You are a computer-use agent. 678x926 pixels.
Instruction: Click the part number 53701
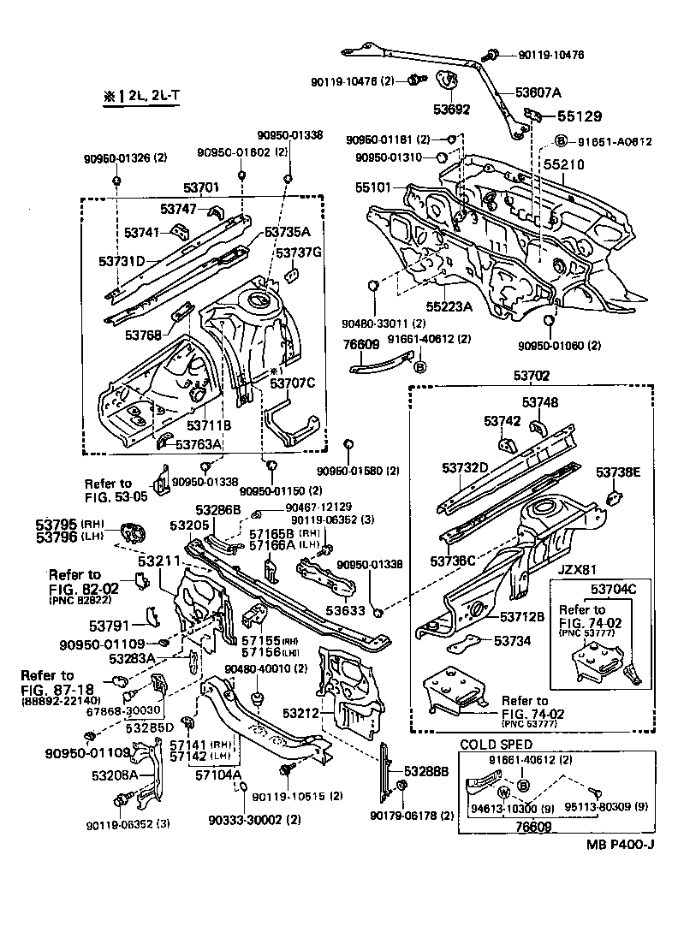[x=199, y=187]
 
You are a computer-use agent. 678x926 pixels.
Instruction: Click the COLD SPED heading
[x=497, y=745]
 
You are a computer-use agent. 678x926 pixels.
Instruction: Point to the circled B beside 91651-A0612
[x=561, y=141]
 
